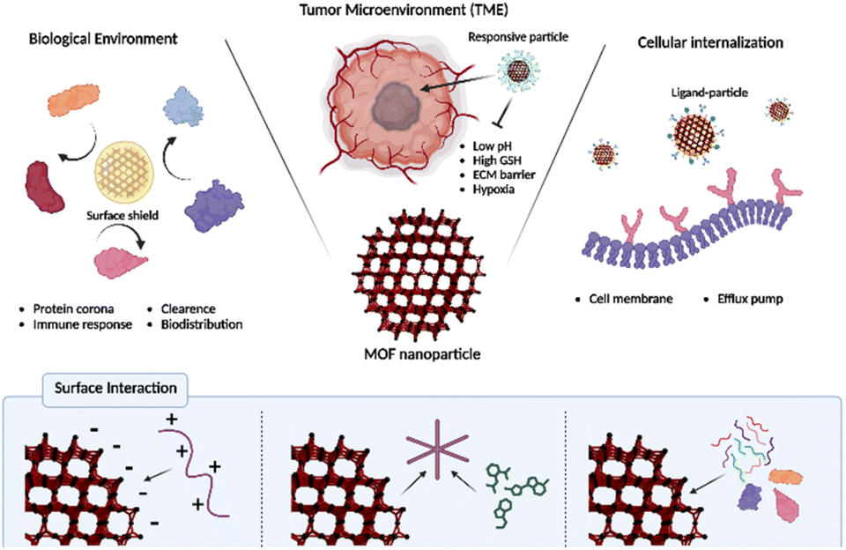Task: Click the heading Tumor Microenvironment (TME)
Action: pos(422,11)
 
